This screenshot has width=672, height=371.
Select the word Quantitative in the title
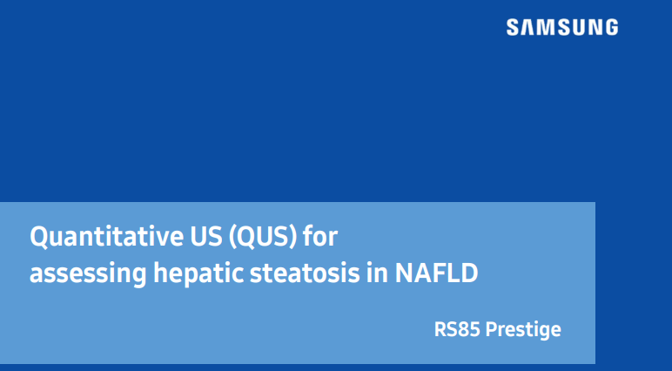point(95,237)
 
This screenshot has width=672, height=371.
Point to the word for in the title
point(319,237)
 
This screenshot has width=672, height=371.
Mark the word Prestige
point(523,330)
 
